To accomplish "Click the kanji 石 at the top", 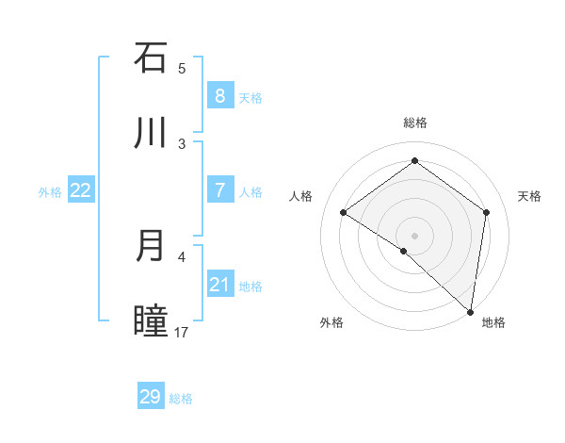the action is [151, 57].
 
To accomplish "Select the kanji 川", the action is [151, 133].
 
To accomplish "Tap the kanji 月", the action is [151, 246].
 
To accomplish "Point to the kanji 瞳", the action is [151, 321].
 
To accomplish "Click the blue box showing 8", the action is [219, 95].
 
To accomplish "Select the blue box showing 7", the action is [219, 190].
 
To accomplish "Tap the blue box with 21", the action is [219, 285].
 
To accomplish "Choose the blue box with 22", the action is [81, 190].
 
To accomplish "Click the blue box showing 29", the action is [151, 397].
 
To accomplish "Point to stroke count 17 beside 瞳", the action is [182, 332].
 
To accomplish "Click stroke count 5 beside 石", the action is [182, 68].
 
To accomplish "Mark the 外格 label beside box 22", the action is [50, 192].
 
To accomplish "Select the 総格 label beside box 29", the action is [181, 399].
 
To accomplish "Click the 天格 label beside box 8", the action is [250, 97].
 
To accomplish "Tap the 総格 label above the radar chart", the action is [414, 123].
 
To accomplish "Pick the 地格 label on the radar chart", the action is [493, 322].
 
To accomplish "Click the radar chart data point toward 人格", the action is [344, 212].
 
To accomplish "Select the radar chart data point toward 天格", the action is [486, 212].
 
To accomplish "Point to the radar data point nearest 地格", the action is [470, 311].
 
